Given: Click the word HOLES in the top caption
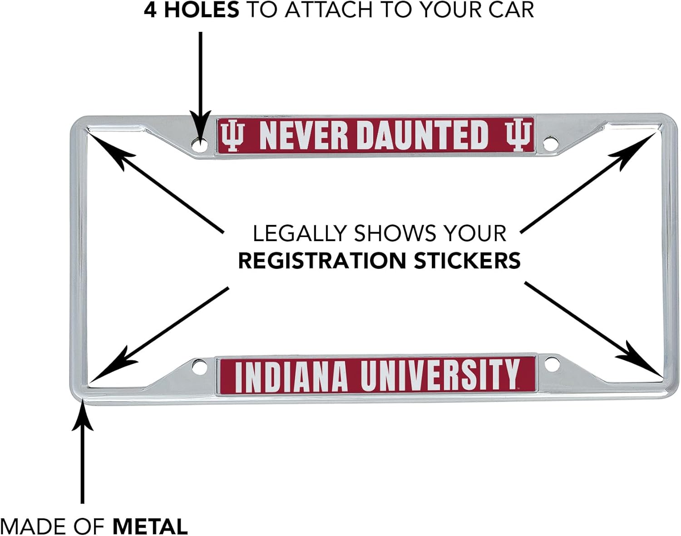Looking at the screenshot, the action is (x=201, y=10).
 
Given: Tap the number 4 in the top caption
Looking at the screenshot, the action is (x=150, y=10).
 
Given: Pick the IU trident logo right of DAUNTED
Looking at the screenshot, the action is (x=518, y=135).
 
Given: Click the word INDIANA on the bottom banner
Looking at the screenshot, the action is (x=291, y=377).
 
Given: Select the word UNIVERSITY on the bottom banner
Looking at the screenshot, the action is (x=439, y=376).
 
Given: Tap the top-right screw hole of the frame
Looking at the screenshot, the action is (x=550, y=144).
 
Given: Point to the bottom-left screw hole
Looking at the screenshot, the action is (x=198, y=366).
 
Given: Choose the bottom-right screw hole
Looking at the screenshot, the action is (x=551, y=365).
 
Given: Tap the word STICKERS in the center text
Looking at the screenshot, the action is (x=467, y=261).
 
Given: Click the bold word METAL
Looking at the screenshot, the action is (x=150, y=526).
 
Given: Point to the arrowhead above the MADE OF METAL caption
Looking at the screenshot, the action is (x=82, y=416).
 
